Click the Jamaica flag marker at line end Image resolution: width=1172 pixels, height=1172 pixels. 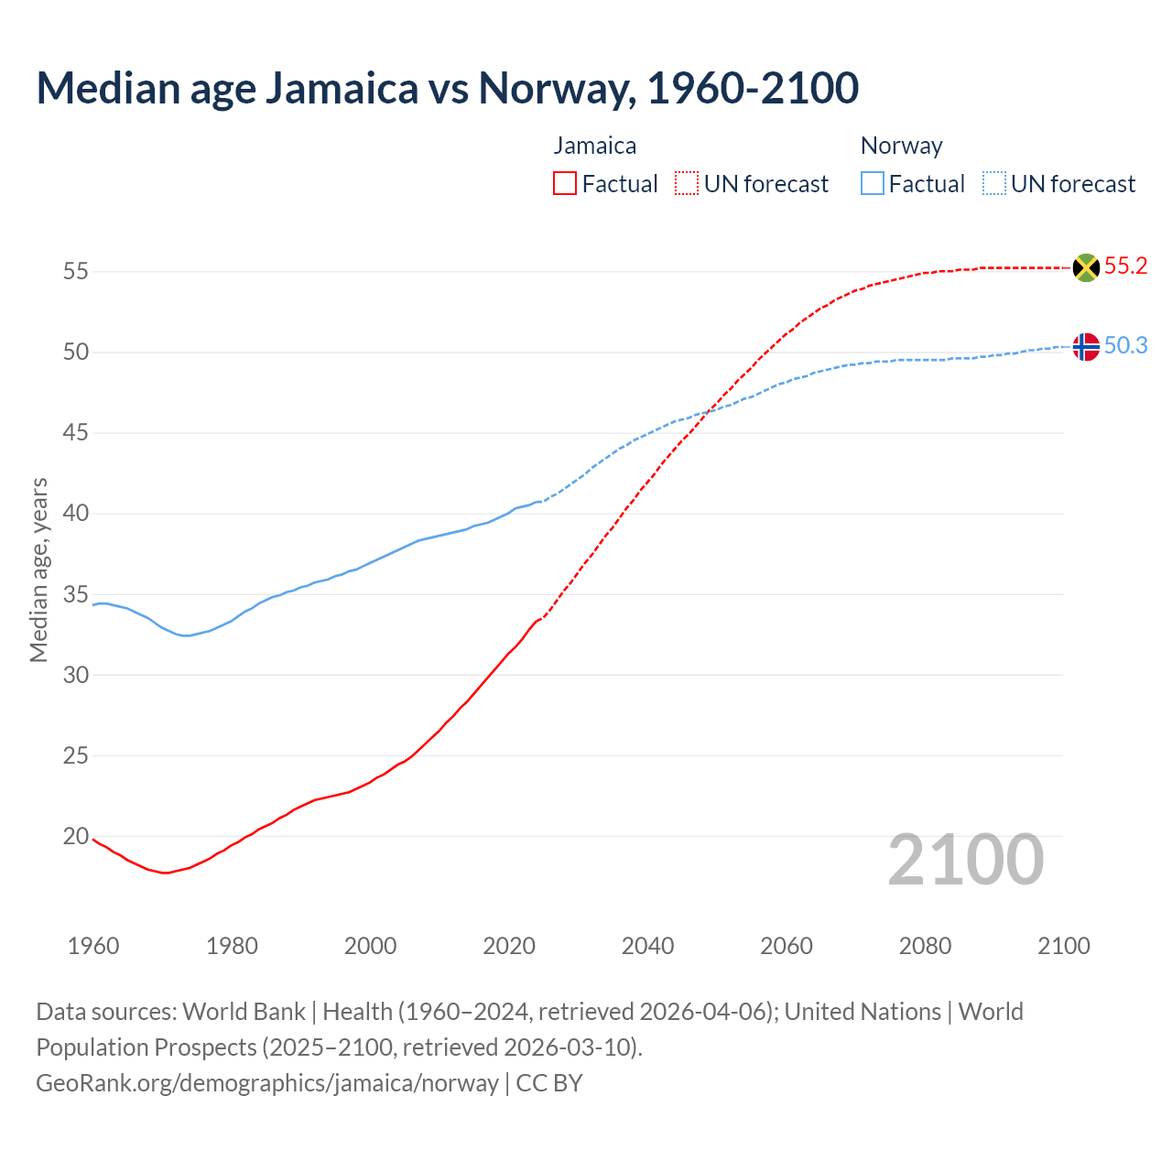(x=1085, y=267)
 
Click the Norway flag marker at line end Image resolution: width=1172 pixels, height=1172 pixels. (x=1085, y=347)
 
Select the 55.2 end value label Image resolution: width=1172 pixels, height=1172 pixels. (x=1125, y=266)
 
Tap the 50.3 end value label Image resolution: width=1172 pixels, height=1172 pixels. (x=1125, y=346)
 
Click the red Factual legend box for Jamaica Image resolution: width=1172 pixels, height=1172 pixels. (x=565, y=184)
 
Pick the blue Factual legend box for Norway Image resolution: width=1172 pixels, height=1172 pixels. (x=872, y=184)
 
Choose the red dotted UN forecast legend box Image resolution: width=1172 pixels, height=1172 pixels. (x=687, y=184)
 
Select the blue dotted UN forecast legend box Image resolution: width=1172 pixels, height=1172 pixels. (x=993, y=184)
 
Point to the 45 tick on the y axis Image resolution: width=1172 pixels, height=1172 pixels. (x=76, y=432)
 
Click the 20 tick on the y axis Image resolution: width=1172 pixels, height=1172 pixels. (x=76, y=836)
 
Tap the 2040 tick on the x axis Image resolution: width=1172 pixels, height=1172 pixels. (x=647, y=946)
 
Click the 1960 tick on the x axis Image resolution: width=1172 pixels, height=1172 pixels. (x=93, y=946)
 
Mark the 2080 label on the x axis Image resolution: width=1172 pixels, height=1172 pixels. (x=925, y=946)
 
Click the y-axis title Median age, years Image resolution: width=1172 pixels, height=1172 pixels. (x=38, y=570)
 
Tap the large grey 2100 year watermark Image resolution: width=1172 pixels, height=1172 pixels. (x=966, y=860)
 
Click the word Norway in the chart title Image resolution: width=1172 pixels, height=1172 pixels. (x=557, y=88)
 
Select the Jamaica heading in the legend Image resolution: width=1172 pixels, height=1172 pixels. (x=595, y=146)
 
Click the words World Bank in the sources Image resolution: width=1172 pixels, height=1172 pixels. (x=244, y=1012)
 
